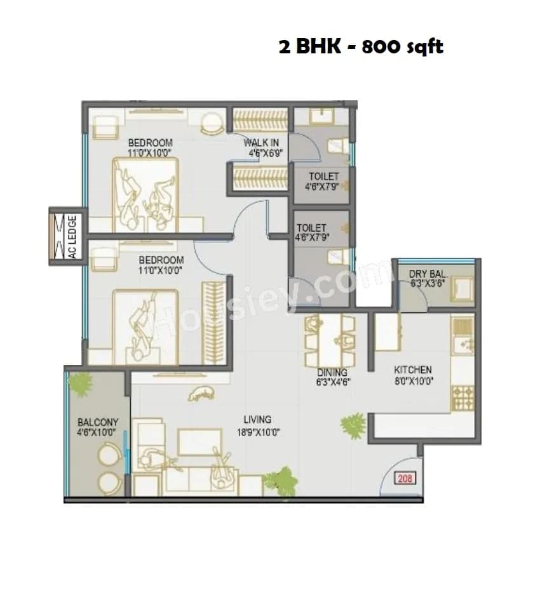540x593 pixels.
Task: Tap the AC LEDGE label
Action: pos(72,236)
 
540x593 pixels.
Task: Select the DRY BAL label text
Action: pos(428,274)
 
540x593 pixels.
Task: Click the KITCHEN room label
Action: pos(412,370)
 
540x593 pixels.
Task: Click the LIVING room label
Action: pos(257,419)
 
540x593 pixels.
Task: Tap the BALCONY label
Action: pos(98,422)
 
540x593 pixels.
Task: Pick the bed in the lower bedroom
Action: pos(145,326)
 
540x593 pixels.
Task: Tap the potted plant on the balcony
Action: pos(80,384)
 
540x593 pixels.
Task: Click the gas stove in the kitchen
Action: pos(462,397)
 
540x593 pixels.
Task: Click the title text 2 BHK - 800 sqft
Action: pos(361,48)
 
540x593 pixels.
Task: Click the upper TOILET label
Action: pos(323,176)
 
